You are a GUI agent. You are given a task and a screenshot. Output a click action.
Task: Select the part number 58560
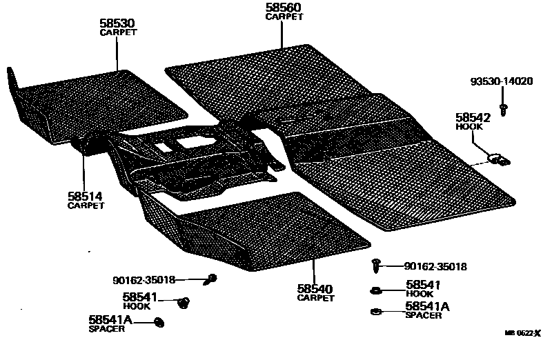[284, 8]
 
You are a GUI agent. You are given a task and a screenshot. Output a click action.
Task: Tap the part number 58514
[85, 197]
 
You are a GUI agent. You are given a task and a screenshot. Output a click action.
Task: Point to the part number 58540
[315, 289]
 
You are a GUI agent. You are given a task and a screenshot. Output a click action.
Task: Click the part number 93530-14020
[502, 81]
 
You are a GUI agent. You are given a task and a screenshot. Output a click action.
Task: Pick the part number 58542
[472, 117]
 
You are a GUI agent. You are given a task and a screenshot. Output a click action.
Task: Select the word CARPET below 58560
[284, 17]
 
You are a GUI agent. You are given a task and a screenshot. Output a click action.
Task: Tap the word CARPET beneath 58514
[85, 206]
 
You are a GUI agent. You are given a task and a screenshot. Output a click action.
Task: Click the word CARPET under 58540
[315, 299]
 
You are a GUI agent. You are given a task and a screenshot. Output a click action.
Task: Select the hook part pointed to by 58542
[498, 159]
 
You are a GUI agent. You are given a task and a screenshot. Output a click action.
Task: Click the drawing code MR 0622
[522, 333]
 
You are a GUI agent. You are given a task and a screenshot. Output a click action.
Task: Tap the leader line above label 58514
[84, 169]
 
